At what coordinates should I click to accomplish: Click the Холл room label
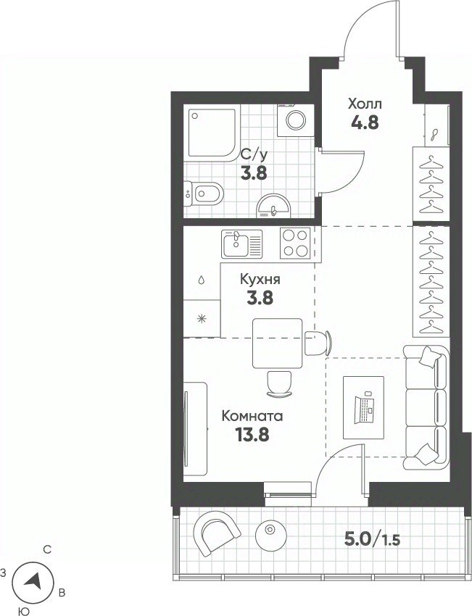[x=365, y=104]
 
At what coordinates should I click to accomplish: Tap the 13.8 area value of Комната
[x=252, y=435]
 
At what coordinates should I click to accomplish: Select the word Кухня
[x=260, y=280]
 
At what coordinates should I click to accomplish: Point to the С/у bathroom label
[x=254, y=156]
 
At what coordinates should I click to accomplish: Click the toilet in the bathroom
[x=204, y=193]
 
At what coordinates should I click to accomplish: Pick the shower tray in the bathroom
[x=212, y=133]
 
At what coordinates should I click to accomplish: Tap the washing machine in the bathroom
[x=296, y=120]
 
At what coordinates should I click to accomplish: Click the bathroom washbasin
[x=273, y=206]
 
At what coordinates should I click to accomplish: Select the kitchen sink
[x=241, y=244]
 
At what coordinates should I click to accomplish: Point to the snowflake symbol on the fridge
[x=202, y=319]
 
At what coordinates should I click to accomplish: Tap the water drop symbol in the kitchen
[x=202, y=280]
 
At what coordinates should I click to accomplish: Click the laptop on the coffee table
[x=363, y=409]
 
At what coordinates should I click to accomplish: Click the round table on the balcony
[x=270, y=535]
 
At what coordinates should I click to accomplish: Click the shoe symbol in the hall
[x=435, y=135]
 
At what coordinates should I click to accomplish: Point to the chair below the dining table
[x=279, y=384]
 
